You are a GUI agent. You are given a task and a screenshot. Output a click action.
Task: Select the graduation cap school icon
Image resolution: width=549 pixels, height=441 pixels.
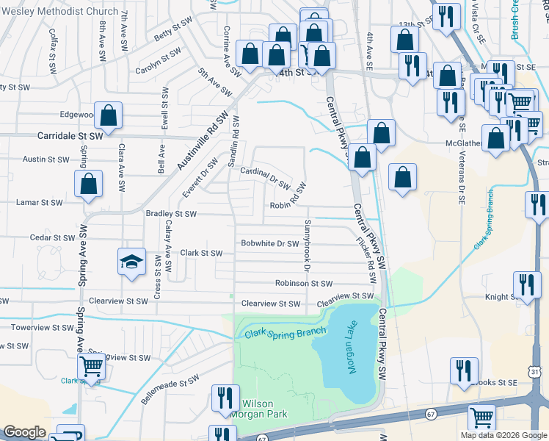[x=131, y=262]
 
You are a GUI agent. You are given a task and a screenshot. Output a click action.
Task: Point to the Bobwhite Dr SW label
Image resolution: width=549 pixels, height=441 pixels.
[x=270, y=243]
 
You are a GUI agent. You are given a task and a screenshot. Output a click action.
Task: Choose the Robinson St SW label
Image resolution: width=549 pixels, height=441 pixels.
[x=304, y=283]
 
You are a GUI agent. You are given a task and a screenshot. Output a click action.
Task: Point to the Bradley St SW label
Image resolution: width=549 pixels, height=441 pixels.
[x=171, y=214]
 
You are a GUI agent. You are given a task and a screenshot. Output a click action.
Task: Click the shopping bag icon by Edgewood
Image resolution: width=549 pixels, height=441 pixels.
[x=108, y=115]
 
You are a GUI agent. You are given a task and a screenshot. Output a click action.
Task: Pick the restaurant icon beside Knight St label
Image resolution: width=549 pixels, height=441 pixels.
[x=527, y=284]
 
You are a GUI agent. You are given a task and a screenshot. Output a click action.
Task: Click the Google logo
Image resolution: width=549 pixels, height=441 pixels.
[x=24, y=433]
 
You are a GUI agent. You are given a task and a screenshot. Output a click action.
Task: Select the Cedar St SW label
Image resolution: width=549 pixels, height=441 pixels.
[x=53, y=238]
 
